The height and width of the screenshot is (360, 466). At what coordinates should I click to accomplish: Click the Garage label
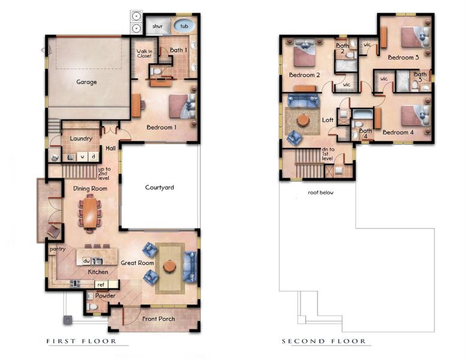pos(86,82)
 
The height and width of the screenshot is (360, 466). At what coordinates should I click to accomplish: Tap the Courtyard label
pos(160,187)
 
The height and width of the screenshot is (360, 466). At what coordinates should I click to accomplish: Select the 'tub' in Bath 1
pos(184,26)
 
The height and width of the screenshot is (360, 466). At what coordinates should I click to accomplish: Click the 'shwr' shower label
pos(158,26)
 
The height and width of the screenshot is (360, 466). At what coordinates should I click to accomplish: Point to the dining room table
pos(90,212)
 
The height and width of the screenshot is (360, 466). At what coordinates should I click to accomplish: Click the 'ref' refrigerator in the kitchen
pos(100,284)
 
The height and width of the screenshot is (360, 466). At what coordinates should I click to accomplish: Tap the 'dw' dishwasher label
pos(87,261)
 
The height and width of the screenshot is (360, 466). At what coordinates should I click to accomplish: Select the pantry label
pos(58,249)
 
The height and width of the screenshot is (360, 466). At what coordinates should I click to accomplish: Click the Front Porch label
pos(158,319)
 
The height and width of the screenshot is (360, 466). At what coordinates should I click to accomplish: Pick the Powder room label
pos(106,295)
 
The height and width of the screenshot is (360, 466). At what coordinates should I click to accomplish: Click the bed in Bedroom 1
pos(181,106)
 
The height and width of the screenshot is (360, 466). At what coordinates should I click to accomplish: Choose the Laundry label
pos(81,139)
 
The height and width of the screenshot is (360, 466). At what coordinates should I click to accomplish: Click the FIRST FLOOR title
pos(81,341)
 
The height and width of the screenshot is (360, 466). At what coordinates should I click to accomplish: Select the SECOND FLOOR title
pos(324,341)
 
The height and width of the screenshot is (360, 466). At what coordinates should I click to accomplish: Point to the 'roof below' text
pos(321,193)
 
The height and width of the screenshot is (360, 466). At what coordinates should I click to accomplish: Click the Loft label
pos(327,120)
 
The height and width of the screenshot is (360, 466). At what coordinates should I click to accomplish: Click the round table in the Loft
pos(303,120)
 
